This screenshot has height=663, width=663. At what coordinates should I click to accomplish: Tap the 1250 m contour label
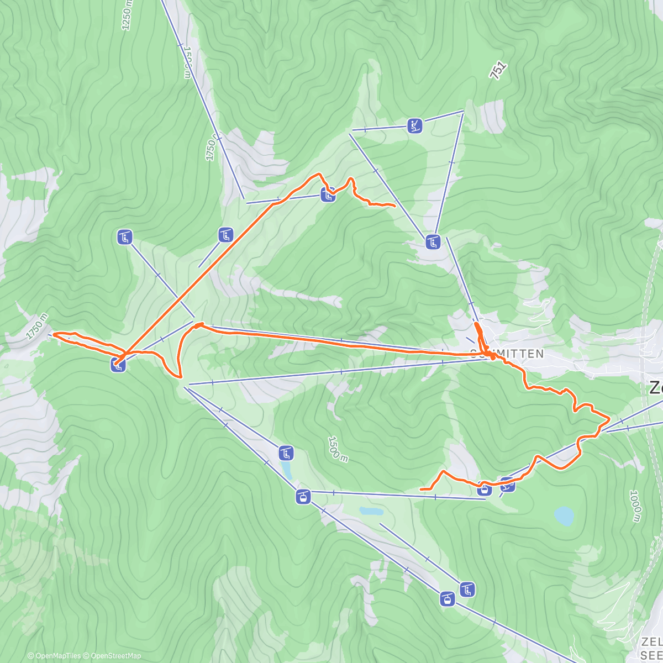127,13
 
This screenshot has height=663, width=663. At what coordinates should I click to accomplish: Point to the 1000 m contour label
636,506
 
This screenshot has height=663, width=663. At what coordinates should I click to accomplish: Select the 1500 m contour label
336,449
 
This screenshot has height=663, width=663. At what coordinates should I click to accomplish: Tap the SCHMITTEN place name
507,354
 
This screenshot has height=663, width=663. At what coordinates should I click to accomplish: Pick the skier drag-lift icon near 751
415,125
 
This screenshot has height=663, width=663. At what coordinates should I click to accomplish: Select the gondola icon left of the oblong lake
303,496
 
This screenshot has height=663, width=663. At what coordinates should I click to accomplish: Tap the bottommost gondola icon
447,598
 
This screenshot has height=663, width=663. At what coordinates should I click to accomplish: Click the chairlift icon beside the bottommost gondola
467,589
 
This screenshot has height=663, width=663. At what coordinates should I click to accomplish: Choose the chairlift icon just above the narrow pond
286,454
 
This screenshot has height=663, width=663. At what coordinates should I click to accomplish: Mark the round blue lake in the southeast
564,516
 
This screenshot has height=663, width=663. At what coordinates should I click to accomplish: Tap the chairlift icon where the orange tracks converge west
118,364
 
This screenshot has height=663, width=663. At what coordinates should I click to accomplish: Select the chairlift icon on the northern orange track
328,194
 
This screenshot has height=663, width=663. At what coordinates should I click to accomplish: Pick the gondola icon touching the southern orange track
485,488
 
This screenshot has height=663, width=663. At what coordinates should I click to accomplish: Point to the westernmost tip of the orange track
54,334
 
